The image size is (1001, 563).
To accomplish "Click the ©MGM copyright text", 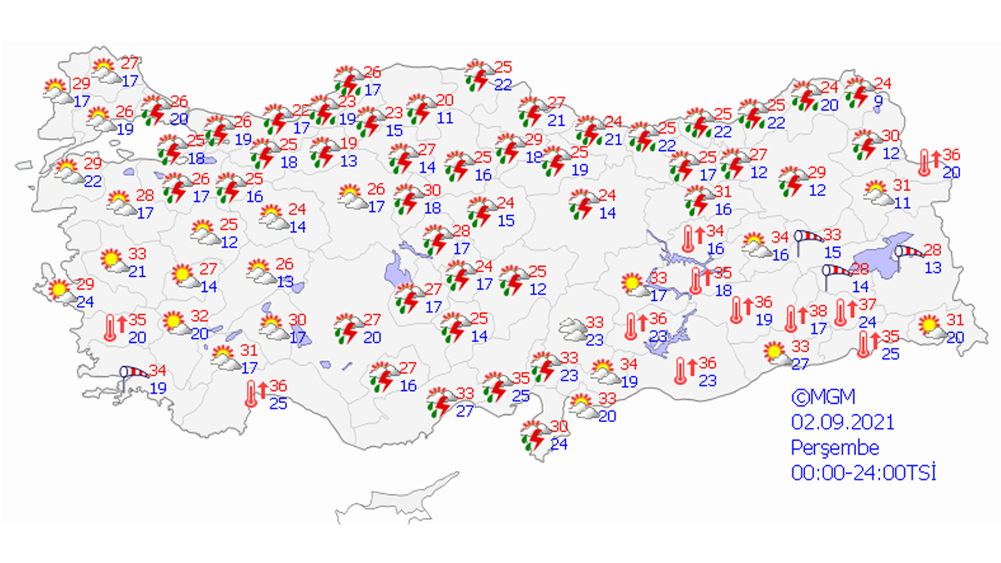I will click(823, 396).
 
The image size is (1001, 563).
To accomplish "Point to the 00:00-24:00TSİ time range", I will click(863, 473).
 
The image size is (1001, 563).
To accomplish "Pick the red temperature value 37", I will click(868, 304).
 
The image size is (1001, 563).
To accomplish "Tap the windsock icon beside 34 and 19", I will click(133, 377).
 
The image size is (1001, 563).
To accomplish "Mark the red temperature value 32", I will click(200, 316).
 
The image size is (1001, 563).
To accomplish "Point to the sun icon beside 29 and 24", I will click(59, 289).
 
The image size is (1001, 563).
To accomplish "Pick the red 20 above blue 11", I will click(445, 100).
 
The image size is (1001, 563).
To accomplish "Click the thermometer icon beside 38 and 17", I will click(792, 318).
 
